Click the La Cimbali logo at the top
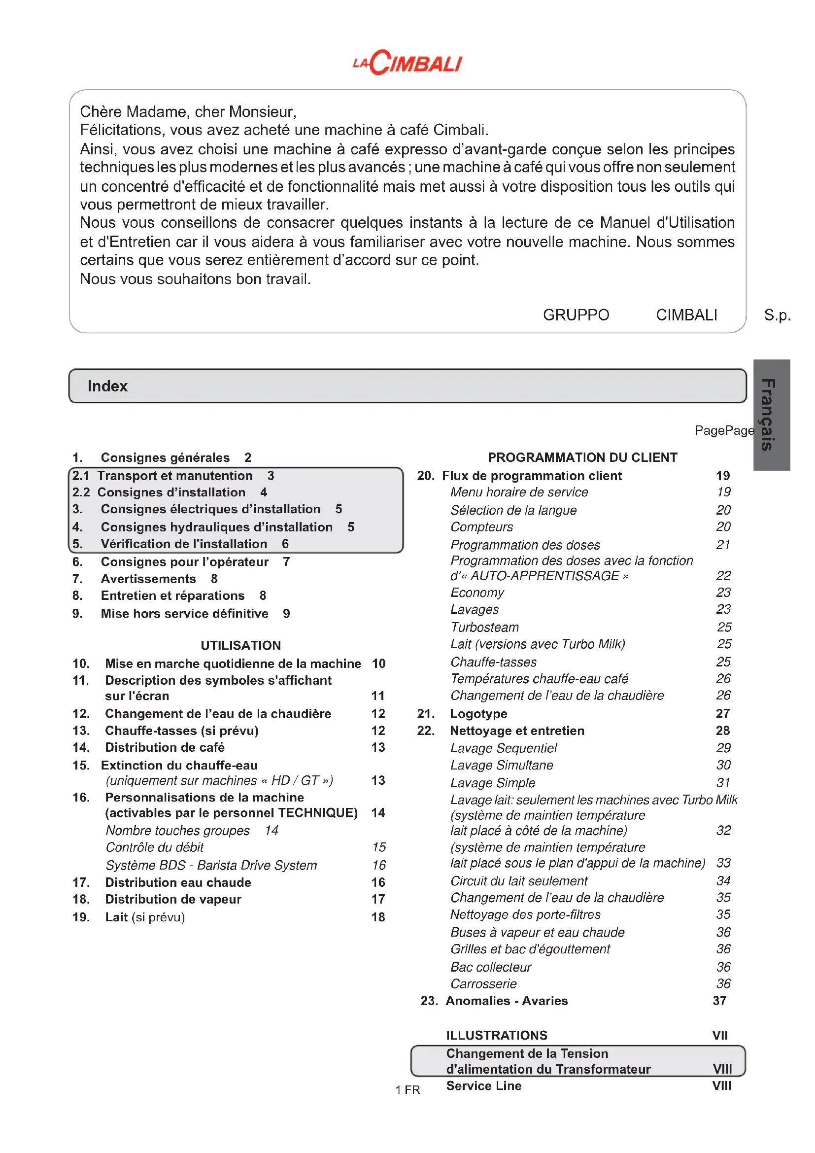(407, 63)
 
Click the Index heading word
(107, 385)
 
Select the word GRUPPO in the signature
(576, 315)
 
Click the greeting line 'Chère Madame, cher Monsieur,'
(188, 111)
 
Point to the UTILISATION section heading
(240, 645)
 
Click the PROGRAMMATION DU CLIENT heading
(582, 457)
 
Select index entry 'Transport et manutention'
(174, 476)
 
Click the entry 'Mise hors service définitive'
(184, 613)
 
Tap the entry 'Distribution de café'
(165, 747)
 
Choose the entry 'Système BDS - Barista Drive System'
(211, 865)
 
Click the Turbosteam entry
(484, 627)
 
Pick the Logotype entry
(478, 714)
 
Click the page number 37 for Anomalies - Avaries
(719, 1001)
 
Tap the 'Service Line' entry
(484, 1085)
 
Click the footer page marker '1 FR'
(407, 1090)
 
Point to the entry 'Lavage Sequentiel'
(504, 748)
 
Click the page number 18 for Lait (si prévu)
(378, 917)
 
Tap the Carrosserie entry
(483, 984)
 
